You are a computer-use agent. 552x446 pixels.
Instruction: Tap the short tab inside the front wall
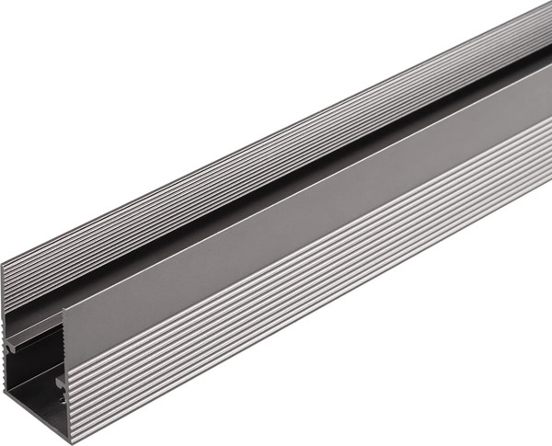59,380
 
